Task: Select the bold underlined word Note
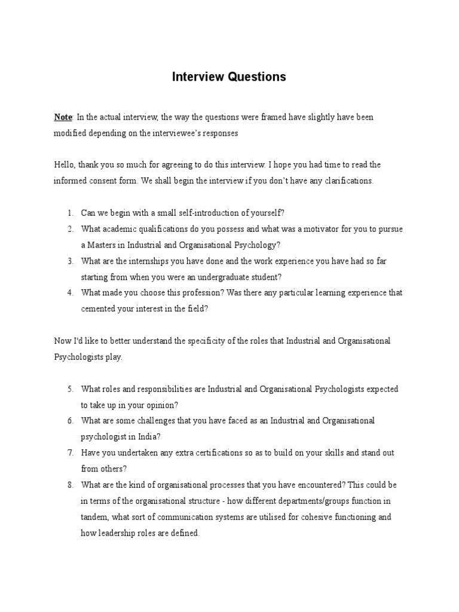63,117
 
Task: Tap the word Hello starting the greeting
64,164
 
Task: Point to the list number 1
70,213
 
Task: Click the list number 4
70,293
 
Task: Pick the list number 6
70,421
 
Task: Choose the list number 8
70,485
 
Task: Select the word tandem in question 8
94,517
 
